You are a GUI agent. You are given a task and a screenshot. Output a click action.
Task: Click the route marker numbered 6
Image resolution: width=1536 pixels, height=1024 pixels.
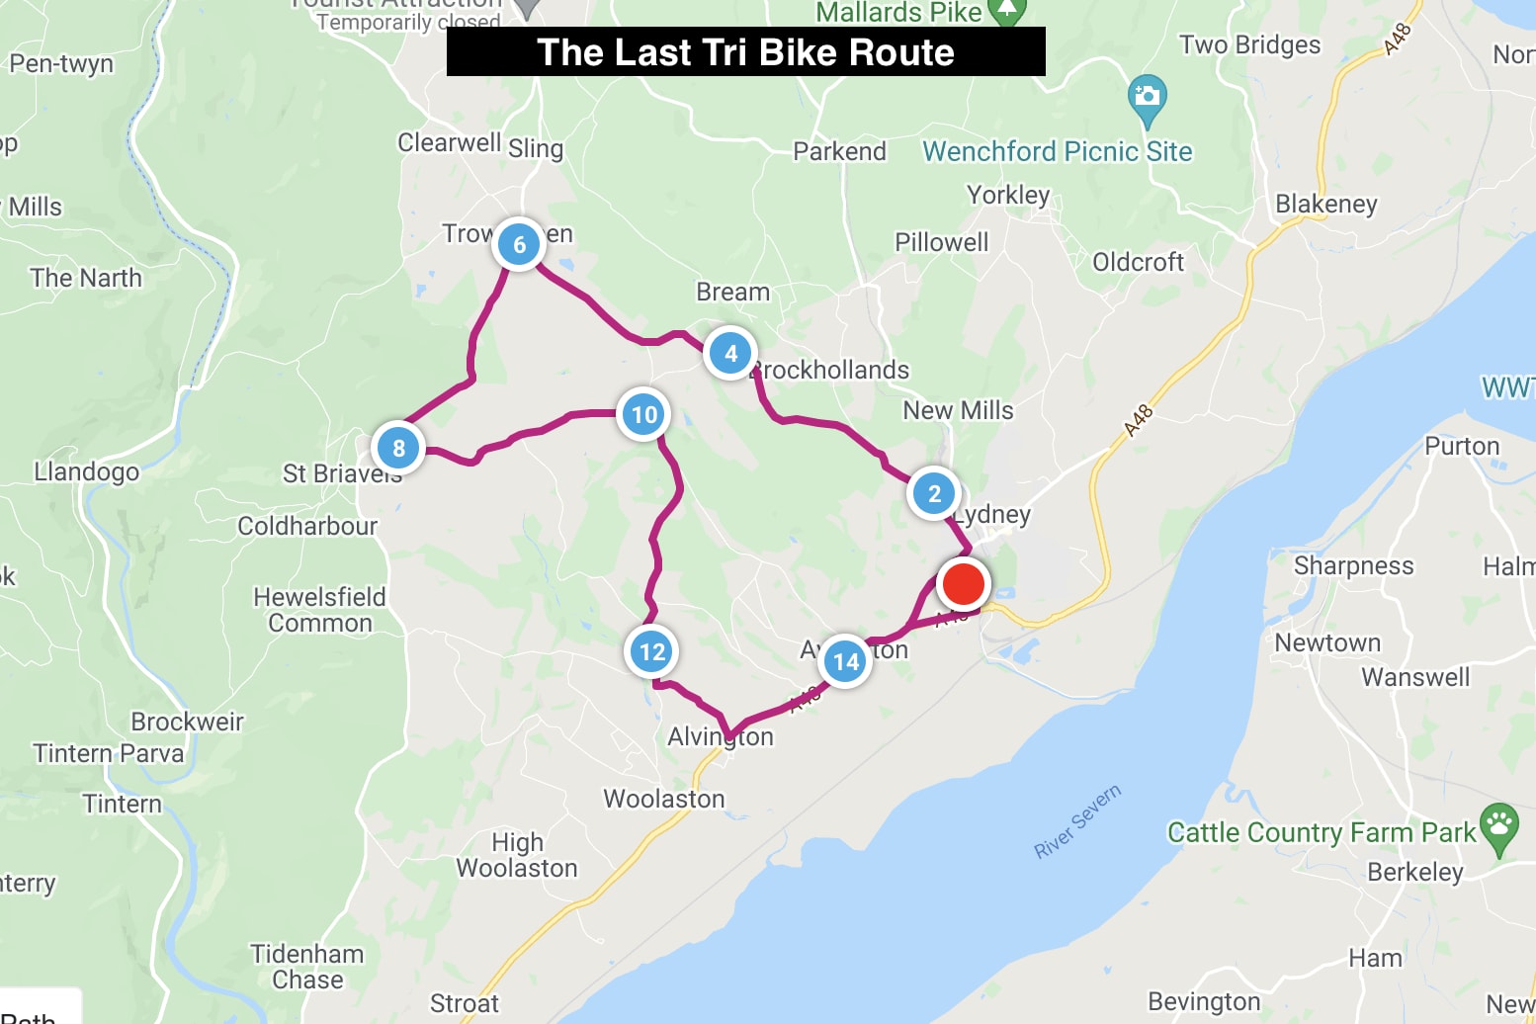519,244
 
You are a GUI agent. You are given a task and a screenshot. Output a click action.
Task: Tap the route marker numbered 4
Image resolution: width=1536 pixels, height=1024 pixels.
730,353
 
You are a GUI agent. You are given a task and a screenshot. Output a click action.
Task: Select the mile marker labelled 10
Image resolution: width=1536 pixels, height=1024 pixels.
643,414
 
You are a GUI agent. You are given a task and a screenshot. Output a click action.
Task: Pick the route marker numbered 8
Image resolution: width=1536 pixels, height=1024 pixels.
398,448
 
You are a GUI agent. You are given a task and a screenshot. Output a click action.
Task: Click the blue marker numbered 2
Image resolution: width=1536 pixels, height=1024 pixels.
933,493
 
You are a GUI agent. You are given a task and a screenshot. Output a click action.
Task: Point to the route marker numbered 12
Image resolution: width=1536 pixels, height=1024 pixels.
651,651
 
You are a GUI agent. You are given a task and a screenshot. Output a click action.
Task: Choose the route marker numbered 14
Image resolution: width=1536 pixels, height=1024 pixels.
845,661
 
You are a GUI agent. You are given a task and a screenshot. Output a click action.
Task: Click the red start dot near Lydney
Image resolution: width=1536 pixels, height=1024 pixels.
963,583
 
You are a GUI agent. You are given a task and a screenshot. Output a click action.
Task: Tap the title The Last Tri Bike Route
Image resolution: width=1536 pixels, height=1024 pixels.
745,52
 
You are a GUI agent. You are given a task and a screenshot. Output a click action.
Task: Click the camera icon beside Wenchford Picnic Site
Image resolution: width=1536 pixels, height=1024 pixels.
1147,97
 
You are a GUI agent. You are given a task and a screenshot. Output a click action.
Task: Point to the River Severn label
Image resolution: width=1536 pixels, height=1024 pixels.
1077,821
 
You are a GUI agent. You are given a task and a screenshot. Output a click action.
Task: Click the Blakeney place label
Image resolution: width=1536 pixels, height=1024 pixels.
1325,204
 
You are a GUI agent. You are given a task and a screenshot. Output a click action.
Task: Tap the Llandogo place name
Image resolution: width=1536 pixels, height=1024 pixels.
87,471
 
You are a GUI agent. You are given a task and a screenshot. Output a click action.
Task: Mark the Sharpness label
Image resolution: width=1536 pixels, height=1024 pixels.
1353,565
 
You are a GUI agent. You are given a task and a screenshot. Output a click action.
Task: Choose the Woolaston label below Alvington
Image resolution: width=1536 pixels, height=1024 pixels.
664,799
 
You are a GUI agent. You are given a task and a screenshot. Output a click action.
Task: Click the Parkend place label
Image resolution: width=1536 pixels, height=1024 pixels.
839,151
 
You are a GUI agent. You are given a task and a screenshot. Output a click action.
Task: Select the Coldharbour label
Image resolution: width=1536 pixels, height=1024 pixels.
307,526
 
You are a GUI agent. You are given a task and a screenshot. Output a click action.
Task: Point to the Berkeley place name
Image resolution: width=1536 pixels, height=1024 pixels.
1414,872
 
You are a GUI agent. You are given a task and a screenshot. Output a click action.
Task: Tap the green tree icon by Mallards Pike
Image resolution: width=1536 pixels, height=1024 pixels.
1006,10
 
